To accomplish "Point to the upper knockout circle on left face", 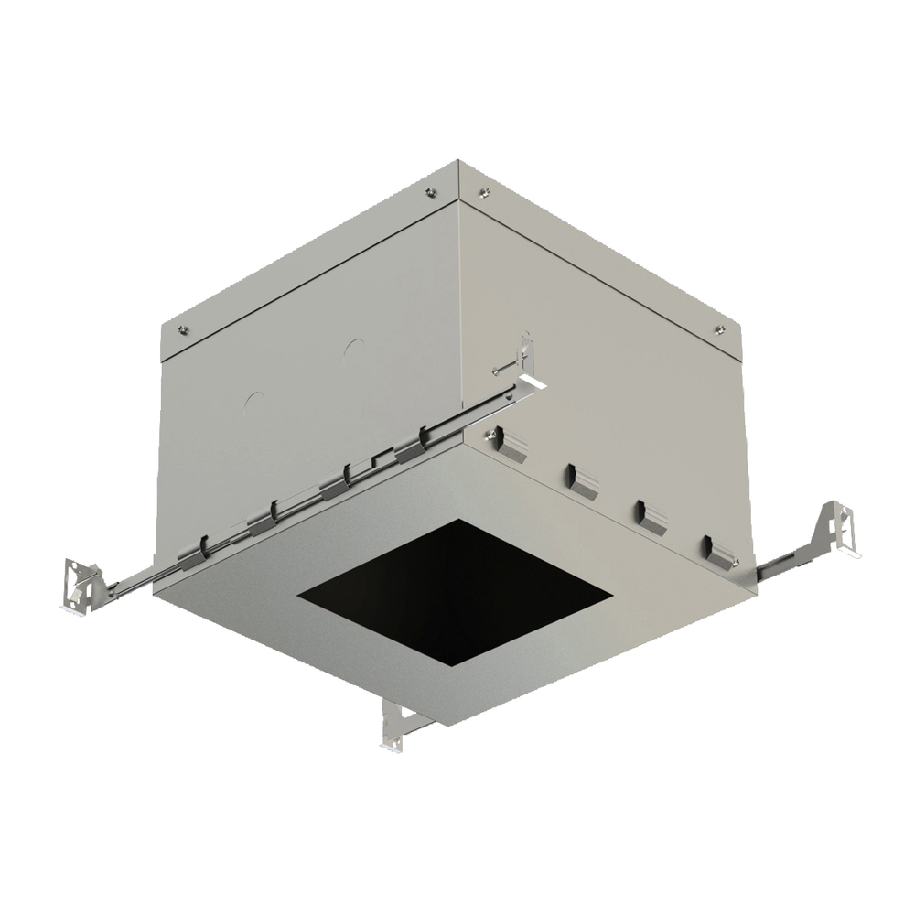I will pyautogui.click(x=354, y=350).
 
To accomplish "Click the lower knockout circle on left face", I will pyautogui.click(x=254, y=401).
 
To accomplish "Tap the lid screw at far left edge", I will pyautogui.click(x=183, y=331).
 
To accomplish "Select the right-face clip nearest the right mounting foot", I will pyautogui.click(x=719, y=551).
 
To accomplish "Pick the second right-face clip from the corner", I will pyautogui.click(x=582, y=480).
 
